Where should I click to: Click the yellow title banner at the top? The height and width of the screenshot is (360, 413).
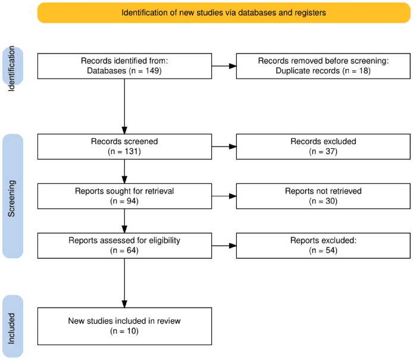223,12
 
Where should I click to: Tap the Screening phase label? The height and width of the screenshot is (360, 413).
13,196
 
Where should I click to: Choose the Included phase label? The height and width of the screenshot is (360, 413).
13,326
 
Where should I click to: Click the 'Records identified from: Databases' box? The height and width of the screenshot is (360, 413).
124,65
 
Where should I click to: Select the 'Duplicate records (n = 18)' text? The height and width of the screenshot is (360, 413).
323,71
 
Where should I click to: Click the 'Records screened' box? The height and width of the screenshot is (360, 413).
124,146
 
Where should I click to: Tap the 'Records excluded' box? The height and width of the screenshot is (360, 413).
323,146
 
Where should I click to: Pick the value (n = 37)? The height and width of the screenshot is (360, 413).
323,152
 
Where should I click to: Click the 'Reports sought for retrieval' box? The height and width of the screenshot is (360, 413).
124,196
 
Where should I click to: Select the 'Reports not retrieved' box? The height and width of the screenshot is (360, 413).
323,196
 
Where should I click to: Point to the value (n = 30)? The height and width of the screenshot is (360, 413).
323,202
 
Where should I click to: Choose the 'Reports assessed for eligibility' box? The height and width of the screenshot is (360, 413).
124,245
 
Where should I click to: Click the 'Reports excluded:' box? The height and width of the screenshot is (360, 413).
323,245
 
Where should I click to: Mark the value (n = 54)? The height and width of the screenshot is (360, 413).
323,251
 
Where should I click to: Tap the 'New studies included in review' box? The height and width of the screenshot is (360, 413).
124,325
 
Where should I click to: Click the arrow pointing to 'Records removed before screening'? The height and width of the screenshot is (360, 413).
224,65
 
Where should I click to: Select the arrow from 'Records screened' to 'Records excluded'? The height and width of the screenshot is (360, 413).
224,146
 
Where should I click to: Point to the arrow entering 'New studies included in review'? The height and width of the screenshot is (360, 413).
124,286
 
